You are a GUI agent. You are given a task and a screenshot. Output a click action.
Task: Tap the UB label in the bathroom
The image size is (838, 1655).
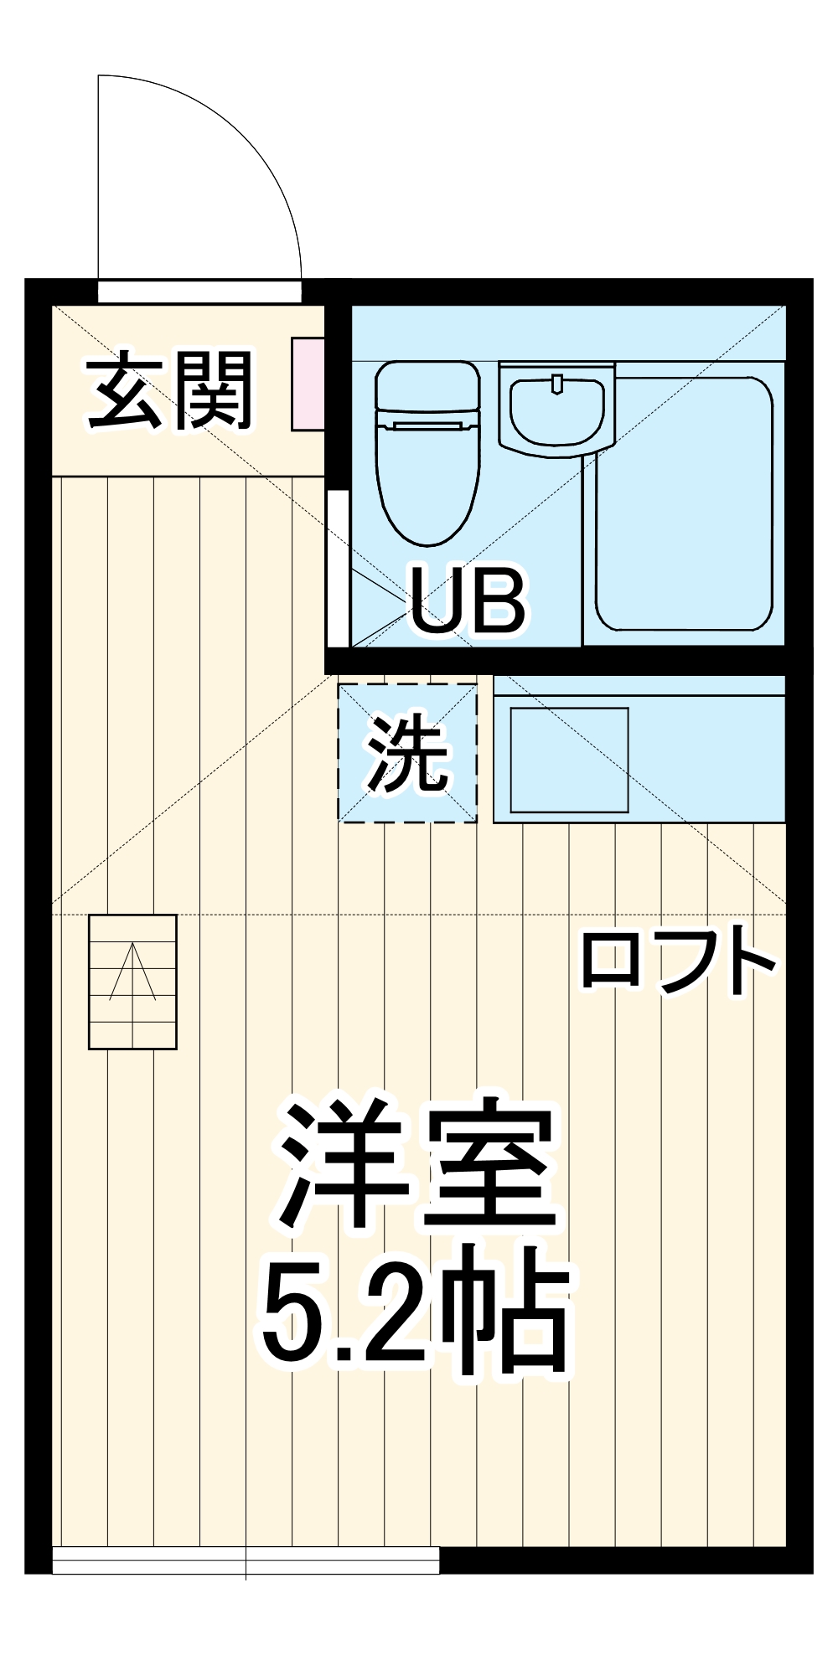tap(467, 601)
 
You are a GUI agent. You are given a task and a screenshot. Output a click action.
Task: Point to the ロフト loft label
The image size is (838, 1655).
tap(677, 961)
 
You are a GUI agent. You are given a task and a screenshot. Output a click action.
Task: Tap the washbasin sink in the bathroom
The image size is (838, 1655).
tap(557, 410)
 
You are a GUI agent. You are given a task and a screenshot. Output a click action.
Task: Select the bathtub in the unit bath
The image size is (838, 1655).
tap(684, 503)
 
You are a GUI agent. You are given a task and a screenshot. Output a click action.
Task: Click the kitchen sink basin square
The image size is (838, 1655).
tap(569, 760)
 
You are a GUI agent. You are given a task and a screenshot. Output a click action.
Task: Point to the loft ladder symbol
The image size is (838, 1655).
tap(132, 982)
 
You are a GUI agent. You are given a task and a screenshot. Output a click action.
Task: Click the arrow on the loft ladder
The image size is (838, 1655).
tap(132, 972)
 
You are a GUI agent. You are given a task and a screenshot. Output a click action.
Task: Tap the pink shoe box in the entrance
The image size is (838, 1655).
tap(308, 384)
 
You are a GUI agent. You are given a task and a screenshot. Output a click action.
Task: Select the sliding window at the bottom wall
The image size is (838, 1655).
tap(246, 1560)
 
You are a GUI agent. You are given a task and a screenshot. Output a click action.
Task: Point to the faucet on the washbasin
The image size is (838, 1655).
tap(557, 384)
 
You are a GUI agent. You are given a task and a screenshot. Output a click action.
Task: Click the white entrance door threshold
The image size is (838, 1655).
tap(199, 291)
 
